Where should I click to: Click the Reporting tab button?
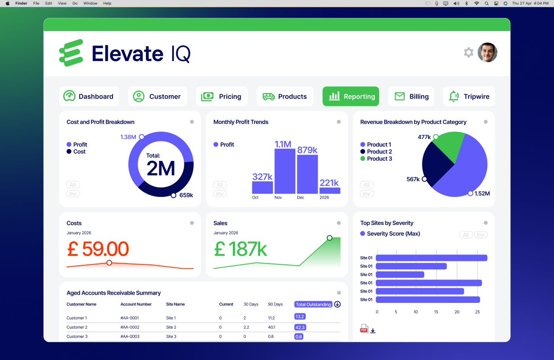pyautogui.click(x=351, y=96)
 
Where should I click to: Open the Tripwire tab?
pyautogui.click(x=469, y=96)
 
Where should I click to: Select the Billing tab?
pyautogui.click(x=412, y=96)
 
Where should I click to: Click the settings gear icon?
pyautogui.click(x=468, y=53)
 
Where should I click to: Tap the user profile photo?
pyautogui.click(x=487, y=52)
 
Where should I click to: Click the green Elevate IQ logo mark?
pyautogui.click(x=71, y=53)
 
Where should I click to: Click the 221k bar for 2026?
pyautogui.click(x=330, y=190)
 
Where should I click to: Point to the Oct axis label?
pyautogui.click(x=255, y=198)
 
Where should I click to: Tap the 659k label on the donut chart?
pyautogui.click(x=186, y=195)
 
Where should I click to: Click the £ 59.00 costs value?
pyautogui.click(x=98, y=249)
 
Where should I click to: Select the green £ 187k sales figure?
pyautogui.click(x=241, y=249)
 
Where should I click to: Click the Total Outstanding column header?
pyautogui.click(x=313, y=304)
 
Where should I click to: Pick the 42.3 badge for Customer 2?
pyautogui.click(x=300, y=327)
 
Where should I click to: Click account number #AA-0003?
pyautogui.click(x=130, y=337)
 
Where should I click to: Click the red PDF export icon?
pyautogui.click(x=364, y=329)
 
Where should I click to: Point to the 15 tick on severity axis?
pyautogui.click(x=436, y=312)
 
